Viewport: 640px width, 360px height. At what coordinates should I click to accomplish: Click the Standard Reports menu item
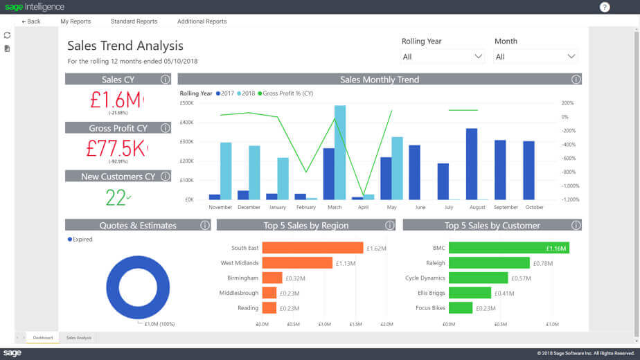click(x=134, y=21)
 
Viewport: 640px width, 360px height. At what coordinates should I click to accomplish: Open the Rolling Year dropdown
click(x=443, y=56)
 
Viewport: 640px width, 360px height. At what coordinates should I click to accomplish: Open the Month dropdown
click(x=535, y=56)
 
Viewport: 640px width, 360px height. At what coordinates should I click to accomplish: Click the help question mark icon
click(x=605, y=7)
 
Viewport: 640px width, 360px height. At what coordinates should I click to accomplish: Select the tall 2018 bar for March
click(x=339, y=152)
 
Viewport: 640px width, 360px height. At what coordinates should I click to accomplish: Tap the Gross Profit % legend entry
click(x=287, y=93)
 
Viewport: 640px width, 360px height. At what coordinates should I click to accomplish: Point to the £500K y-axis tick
click(x=186, y=103)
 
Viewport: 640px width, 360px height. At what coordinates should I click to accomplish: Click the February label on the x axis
click(x=305, y=207)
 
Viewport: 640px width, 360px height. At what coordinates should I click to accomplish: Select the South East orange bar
click(x=312, y=248)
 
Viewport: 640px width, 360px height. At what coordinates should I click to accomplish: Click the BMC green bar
click(x=508, y=248)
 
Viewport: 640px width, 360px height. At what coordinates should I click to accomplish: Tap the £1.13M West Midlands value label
click(x=346, y=263)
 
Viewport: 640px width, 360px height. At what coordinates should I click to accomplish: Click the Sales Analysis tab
click(x=79, y=338)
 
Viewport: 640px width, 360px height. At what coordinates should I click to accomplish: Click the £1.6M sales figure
click(x=116, y=100)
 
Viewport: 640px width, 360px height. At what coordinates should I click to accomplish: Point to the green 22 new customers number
click(x=116, y=197)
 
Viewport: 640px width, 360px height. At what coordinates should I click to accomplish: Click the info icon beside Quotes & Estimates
click(x=205, y=225)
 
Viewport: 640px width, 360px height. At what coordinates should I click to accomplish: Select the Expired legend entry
click(x=82, y=240)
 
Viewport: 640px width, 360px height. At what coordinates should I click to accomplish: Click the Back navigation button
click(x=31, y=21)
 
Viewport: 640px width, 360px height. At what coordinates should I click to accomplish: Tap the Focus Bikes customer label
click(x=430, y=308)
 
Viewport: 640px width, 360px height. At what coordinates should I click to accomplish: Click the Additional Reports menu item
click(x=202, y=21)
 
